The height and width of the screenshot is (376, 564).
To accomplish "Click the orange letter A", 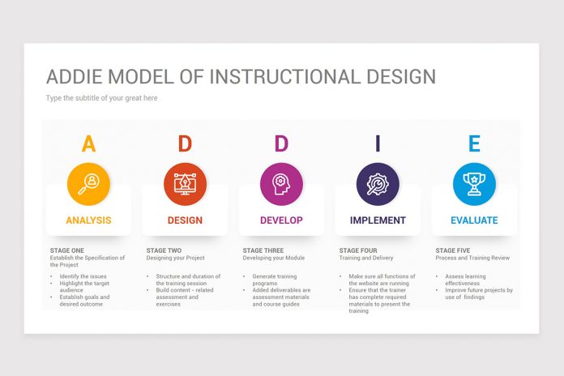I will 88,144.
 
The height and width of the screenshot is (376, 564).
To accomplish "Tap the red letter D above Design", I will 185,144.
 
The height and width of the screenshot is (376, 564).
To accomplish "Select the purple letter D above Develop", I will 281,144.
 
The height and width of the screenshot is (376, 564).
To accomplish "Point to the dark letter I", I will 378,144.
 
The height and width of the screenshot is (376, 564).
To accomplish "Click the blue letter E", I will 474,144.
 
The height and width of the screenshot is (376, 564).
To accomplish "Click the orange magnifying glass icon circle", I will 88,184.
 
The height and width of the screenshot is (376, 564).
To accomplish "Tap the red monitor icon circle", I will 185,184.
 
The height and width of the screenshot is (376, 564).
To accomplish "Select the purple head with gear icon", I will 281,184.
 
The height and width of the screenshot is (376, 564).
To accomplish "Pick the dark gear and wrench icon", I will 378,184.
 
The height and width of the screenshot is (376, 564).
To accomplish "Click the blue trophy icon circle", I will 474,184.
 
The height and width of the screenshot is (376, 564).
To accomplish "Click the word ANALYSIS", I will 88,220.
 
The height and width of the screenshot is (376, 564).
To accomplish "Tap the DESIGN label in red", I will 185,220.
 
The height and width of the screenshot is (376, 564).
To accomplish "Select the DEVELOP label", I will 281,220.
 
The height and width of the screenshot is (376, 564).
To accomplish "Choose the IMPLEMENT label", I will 378,220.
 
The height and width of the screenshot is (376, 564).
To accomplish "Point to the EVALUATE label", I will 474,220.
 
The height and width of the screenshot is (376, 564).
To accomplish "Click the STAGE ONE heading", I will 66,250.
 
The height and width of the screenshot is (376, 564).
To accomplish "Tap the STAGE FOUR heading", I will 358,250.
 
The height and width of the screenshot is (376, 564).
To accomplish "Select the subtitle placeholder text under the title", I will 101,98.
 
